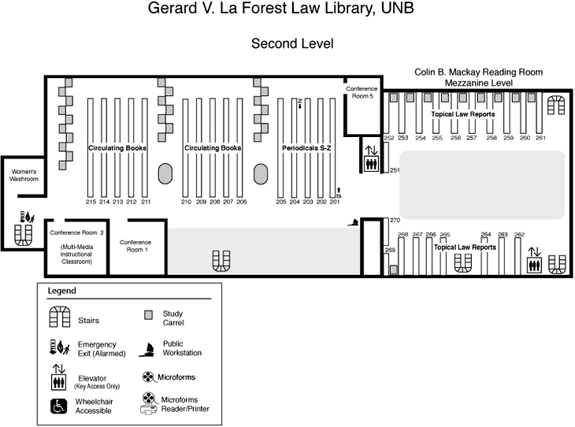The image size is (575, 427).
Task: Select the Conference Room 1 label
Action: point(136,246)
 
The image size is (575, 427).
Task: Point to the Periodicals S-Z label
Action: point(307,147)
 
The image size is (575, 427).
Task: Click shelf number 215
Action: point(91,202)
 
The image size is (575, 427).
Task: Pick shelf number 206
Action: point(241,202)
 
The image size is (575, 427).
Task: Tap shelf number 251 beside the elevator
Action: point(395,170)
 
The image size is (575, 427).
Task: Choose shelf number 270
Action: point(395,220)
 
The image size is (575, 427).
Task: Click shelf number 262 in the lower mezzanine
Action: point(519,234)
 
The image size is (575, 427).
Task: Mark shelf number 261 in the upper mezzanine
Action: point(540,138)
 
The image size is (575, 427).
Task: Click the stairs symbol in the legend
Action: point(61,318)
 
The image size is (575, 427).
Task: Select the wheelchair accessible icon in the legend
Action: point(59,407)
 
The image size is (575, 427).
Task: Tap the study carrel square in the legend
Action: point(147,316)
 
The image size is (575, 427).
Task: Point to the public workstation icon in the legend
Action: point(147,348)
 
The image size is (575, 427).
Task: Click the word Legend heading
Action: point(62,291)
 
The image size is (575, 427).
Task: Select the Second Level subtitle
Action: point(292,44)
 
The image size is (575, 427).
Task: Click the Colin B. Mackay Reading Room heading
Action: point(478,72)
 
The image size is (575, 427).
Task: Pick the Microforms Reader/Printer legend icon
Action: point(147,403)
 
